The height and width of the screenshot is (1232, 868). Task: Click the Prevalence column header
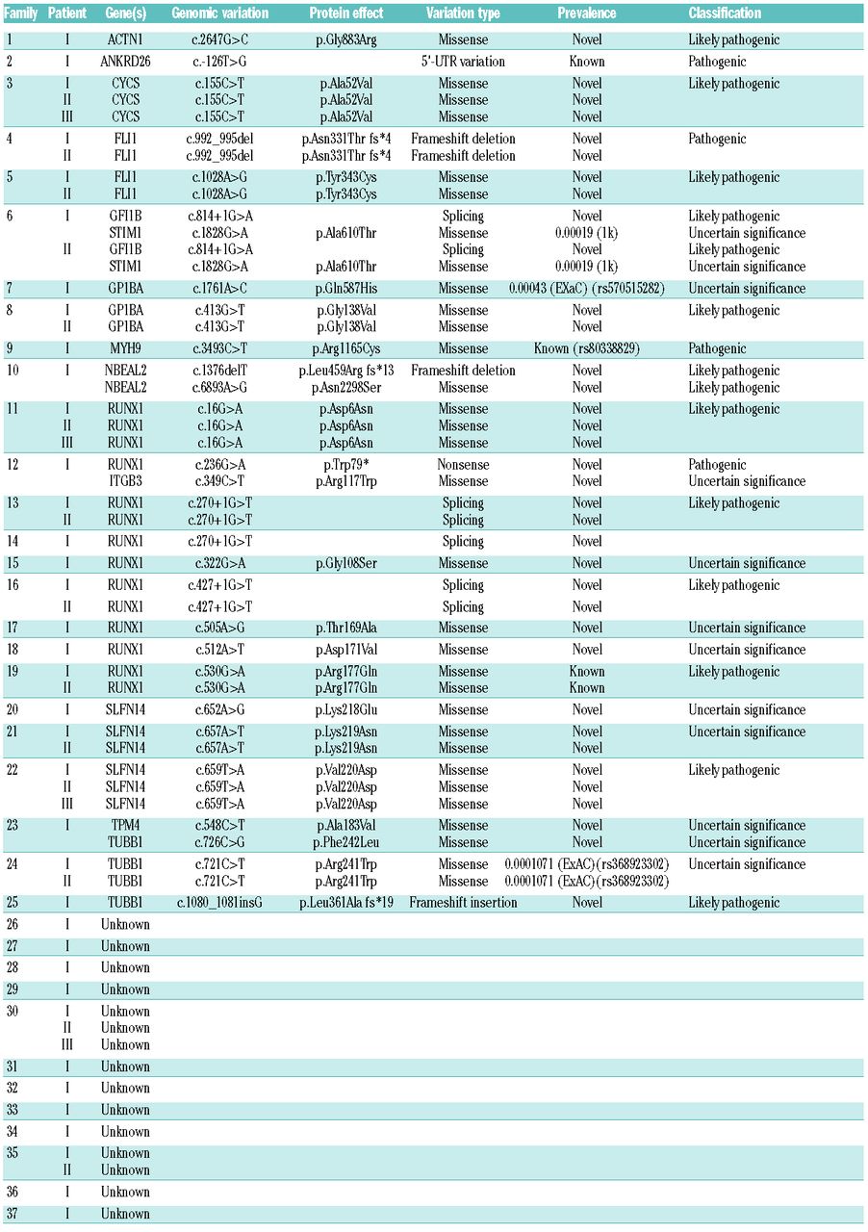coord(586,13)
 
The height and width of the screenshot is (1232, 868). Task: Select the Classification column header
coord(725,13)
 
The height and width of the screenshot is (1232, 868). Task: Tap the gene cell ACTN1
coord(125,40)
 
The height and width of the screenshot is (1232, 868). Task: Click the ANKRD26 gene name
coord(125,62)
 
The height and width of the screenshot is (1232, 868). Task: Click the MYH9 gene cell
coord(125,348)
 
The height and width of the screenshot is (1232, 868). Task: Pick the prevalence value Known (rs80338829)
coord(587,348)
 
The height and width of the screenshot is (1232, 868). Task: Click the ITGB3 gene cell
coord(125,481)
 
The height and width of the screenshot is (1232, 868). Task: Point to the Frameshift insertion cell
coord(463,903)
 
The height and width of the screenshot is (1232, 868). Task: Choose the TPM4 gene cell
coord(125,826)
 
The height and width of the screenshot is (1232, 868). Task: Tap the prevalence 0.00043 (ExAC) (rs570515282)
coord(587,289)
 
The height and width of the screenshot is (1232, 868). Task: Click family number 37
coord(13,1214)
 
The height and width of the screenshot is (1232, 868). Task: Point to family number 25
coord(13,903)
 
